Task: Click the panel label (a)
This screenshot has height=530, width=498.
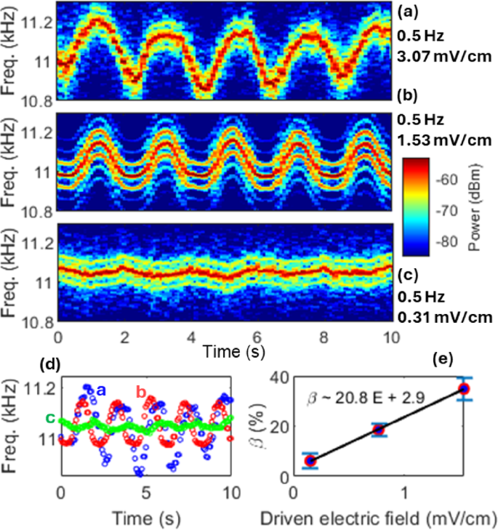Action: pos(407,11)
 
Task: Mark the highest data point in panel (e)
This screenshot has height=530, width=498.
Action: pos(464,389)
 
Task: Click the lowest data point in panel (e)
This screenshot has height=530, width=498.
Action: pos(310,460)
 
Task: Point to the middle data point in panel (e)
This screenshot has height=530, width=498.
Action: pos(379,430)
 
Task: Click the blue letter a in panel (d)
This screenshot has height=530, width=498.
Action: pos(102,390)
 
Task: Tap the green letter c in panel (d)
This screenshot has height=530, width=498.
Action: pos(49,417)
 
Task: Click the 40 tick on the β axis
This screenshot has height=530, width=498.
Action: pos(276,377)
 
